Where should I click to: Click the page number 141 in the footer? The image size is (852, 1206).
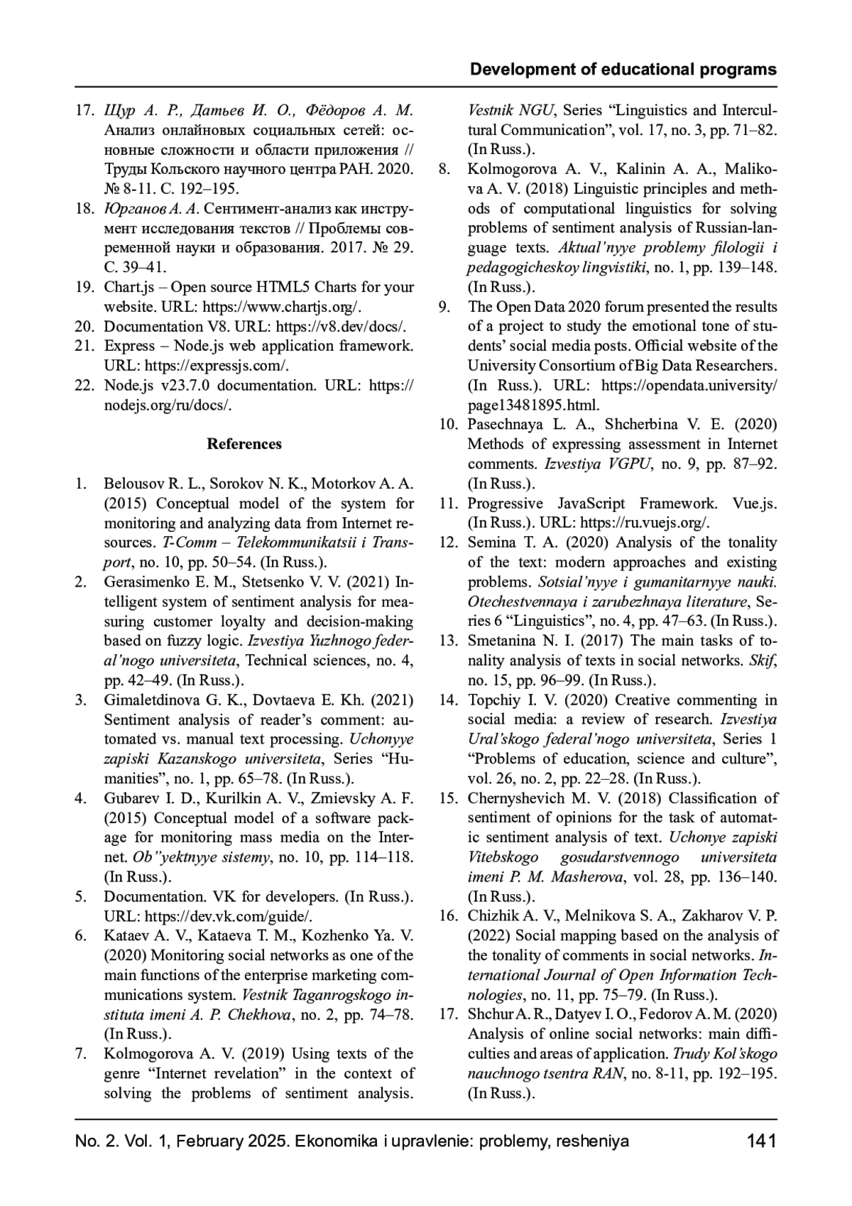[x=761, y=1143]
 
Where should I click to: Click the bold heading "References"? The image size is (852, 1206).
[x=244, y=444]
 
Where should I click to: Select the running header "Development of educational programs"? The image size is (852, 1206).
[x=623, y=70]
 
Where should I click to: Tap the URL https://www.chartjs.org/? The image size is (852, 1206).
[x=283, y=307]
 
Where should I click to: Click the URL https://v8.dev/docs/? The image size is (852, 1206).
[x=341, y=327]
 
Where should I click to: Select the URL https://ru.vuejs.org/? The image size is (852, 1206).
[x=645, y=523]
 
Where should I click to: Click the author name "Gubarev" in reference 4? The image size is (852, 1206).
[x=132, y=798]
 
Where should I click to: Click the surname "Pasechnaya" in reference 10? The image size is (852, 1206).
[x=506, y=425]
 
